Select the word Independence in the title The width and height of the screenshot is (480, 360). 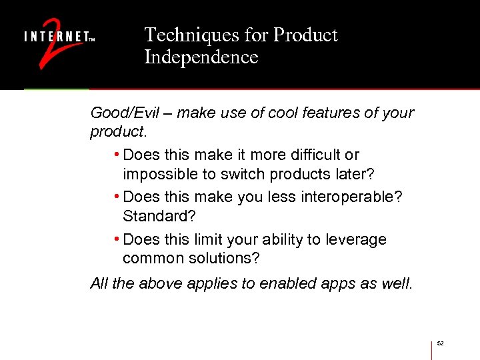(201, 57)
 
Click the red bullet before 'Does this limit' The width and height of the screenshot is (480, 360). (117, 239)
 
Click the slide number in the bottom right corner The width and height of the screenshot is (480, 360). (441, 343)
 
